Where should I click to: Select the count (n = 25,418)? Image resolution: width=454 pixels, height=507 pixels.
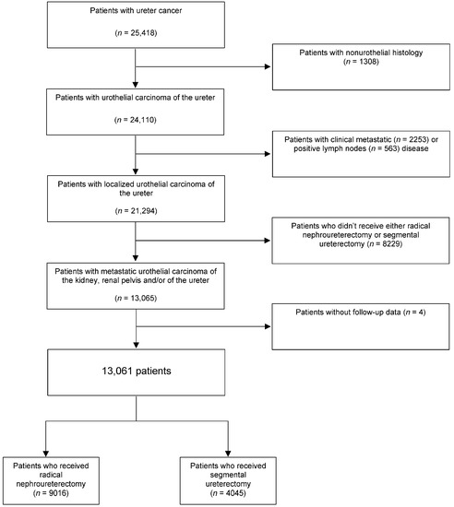coord(136,45)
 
